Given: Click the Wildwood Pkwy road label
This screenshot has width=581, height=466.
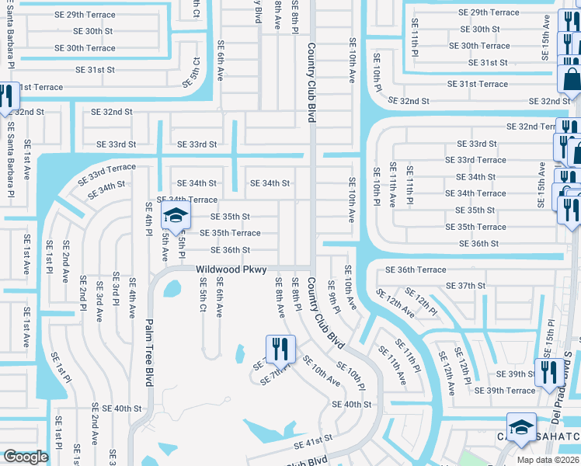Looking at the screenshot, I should [231, 270].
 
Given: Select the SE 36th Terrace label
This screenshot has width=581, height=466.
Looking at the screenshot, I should [416, 270].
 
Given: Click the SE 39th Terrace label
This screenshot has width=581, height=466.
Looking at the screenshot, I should [504, 391].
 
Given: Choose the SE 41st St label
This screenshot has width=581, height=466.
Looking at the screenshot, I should [313, 440].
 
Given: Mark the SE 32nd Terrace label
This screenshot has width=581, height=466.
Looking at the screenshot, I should [531, 127].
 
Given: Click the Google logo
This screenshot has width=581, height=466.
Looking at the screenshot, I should [26, 457].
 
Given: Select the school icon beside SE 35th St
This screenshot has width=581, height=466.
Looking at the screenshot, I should [176, 217].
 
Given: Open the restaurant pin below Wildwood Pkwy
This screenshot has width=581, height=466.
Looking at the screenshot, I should [280, 349].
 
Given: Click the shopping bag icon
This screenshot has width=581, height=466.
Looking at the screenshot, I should [571, 79].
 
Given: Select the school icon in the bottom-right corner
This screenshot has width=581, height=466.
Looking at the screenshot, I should [520, 428].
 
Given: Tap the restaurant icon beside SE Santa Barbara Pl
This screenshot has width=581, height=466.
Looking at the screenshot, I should [8, 97].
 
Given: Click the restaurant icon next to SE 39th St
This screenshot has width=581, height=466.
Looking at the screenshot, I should [548, 372].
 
